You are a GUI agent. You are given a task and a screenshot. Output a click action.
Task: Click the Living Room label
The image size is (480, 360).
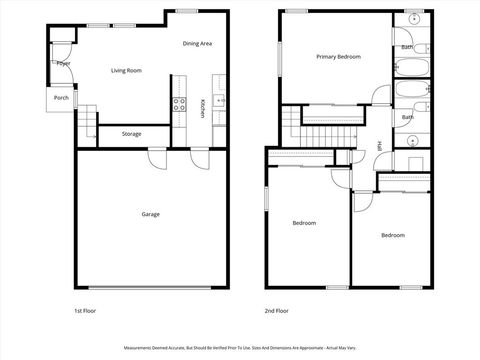[126, 70]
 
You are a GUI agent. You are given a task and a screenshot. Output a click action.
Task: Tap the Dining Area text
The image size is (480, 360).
[197, 43]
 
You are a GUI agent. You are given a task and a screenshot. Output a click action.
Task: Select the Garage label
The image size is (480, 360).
[150, 213]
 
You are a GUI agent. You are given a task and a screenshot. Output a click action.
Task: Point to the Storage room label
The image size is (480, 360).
[131, 133]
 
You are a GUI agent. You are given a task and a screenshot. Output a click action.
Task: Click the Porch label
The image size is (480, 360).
[61, 98]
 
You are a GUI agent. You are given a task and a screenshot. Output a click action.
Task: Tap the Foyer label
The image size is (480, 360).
[63, 63]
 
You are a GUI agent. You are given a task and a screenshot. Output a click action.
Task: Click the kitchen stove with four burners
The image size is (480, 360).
[181, 102]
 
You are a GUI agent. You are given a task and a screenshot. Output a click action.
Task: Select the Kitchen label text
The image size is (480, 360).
[203, 109]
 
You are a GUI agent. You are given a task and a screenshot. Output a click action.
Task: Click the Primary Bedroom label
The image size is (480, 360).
[338, 57]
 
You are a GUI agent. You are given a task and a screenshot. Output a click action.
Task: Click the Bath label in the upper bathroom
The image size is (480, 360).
[407, 46]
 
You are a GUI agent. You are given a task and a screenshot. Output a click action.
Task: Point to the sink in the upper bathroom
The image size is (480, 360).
[414, 21]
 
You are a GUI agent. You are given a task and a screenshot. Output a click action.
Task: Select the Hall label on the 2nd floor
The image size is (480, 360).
[380, 146]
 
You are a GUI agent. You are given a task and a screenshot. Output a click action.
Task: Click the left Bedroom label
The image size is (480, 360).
[304, 222]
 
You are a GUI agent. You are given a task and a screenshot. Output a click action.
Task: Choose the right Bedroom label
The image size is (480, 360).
[392, 235]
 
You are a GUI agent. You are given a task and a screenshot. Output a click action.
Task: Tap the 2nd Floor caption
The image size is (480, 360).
[276, 311]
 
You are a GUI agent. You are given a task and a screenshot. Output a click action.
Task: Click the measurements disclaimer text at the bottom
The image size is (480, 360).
[239, 349]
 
